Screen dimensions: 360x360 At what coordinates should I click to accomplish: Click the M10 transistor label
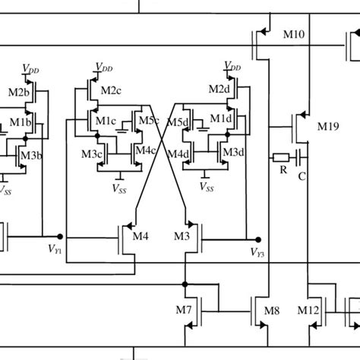[x=296, y=36]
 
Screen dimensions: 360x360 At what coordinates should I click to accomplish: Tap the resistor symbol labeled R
[x=280, y=158]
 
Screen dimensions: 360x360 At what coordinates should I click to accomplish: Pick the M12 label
[x=308, y=311]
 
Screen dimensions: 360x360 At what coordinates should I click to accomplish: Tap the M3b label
[x=31, y=155]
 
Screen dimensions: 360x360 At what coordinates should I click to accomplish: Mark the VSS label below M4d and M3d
[x=205, y=185]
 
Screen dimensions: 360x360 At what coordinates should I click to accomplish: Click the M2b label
[x=17, y=92]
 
